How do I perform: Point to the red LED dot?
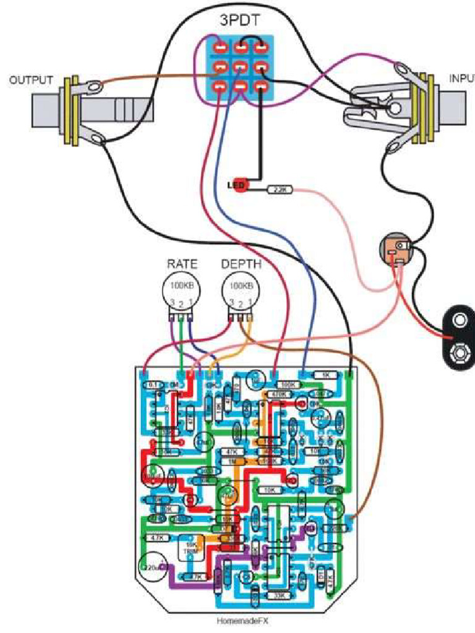[x=239, y=185]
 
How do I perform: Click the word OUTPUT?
[x=31, y=80]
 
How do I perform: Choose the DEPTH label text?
[x=241, y=264]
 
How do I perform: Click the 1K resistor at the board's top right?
[x=325, y=375]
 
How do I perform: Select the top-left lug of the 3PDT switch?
[x=220, y=47]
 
